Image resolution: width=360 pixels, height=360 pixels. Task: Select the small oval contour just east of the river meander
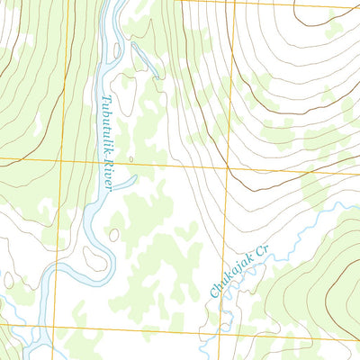pyautogui.click(x=113, y=235)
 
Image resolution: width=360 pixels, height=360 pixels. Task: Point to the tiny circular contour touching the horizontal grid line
pyautogui.click(x=130, y=160)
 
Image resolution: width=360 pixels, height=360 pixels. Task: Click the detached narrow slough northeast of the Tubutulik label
pyautogui.click(x=142, y=59)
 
